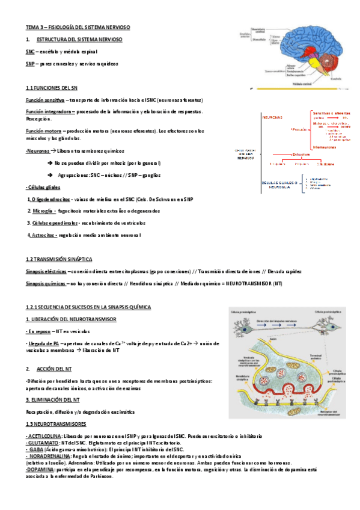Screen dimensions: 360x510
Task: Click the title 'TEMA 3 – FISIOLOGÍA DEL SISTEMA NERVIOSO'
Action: coord(78,28)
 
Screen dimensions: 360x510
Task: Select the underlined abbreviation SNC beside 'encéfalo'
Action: coord(30,52)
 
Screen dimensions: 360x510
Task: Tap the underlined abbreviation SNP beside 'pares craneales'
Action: coord(30,63)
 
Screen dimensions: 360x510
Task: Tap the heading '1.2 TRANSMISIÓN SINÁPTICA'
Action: coord(59,259)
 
